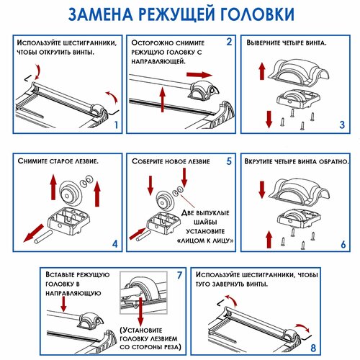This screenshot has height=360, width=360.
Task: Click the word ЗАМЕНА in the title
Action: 101,14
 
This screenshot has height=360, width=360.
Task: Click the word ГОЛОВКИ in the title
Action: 257,14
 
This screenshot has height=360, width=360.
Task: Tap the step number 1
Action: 116,125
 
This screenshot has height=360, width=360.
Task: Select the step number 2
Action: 229,42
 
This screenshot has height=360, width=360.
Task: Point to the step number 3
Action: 342,125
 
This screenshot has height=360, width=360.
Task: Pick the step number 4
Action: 115,244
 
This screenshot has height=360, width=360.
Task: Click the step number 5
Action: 229,161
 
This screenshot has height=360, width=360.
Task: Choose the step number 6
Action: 343,245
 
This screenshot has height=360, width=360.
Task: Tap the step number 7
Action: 179,275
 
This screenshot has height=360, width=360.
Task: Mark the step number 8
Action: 313,348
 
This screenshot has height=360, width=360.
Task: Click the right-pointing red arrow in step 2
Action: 199,75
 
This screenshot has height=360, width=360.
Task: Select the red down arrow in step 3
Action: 269,120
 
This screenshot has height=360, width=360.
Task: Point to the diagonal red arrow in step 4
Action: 34,233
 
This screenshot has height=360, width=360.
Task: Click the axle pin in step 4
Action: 43,238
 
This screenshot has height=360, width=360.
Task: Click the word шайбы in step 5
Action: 205,222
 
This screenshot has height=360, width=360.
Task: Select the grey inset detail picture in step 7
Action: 143,292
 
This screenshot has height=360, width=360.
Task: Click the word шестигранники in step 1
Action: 90,43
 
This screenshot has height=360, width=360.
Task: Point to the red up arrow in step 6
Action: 269,240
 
